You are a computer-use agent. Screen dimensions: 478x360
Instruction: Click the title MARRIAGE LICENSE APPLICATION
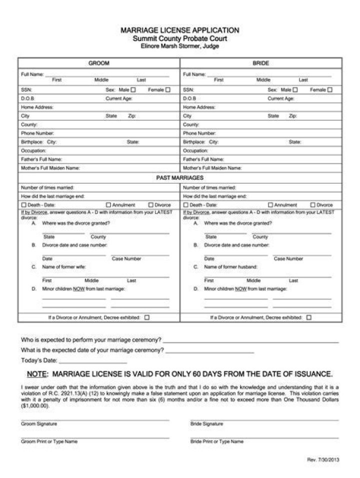click(179, 30)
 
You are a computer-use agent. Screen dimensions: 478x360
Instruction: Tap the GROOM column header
click(98, 63)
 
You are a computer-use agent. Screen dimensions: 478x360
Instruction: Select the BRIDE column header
click(260, 63)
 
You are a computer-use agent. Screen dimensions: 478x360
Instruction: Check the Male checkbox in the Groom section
click(133, 90)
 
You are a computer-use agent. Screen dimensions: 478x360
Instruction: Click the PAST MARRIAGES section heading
click(179, 177)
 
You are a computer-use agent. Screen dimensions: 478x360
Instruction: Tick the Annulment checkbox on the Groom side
click(108, 205)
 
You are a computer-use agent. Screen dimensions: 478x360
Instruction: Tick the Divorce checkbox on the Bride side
click(313, 205)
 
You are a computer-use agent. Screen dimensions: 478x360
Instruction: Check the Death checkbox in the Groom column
click(23, 205)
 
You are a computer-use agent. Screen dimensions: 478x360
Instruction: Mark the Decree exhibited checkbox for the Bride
click(309, 317)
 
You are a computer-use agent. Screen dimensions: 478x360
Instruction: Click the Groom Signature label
click(39, 424)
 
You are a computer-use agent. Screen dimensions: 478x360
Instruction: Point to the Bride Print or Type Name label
click(217, 442)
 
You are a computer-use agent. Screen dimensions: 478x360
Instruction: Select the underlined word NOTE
click(37, 374)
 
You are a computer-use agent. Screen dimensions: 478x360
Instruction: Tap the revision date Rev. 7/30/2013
click(323, 460)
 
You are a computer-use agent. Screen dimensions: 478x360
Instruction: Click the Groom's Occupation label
click(33, 150)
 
